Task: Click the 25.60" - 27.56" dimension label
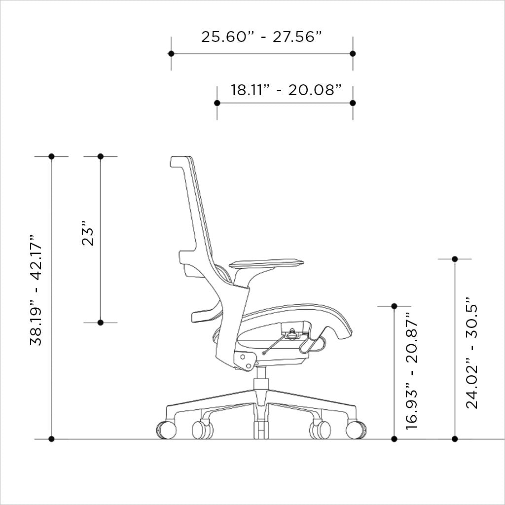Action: (261, 36)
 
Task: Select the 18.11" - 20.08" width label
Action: (287, 90)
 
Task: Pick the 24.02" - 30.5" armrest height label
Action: (472, 352)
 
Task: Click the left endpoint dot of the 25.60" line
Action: (171, 53)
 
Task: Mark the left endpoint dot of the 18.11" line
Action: (217, 103)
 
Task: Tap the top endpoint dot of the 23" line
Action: (101, 156)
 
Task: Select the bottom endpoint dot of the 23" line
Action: (101, 323)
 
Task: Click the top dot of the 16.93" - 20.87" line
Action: (394, 306)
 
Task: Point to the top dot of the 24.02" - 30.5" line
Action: (455, 259)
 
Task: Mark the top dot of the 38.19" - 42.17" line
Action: (52, 156)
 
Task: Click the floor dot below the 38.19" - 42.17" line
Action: (52, 438)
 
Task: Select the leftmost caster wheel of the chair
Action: (166, 429)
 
